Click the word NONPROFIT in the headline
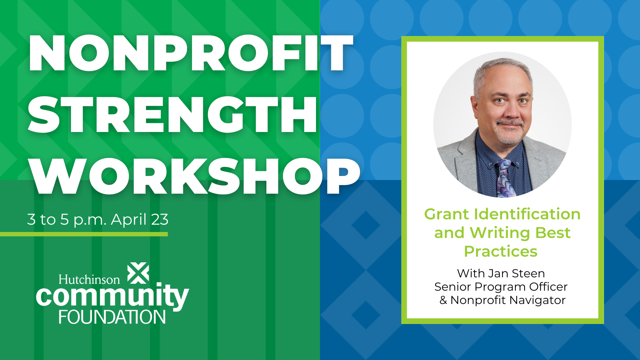(191, 53)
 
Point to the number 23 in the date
(160, 219)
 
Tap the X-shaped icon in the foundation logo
(138, 273)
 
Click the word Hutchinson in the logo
(89, 279)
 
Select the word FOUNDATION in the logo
(112, 317)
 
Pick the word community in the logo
(112, 297)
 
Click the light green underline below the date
(84, 234)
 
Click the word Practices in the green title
(501, 251)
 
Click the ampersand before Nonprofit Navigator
(443, 300)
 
